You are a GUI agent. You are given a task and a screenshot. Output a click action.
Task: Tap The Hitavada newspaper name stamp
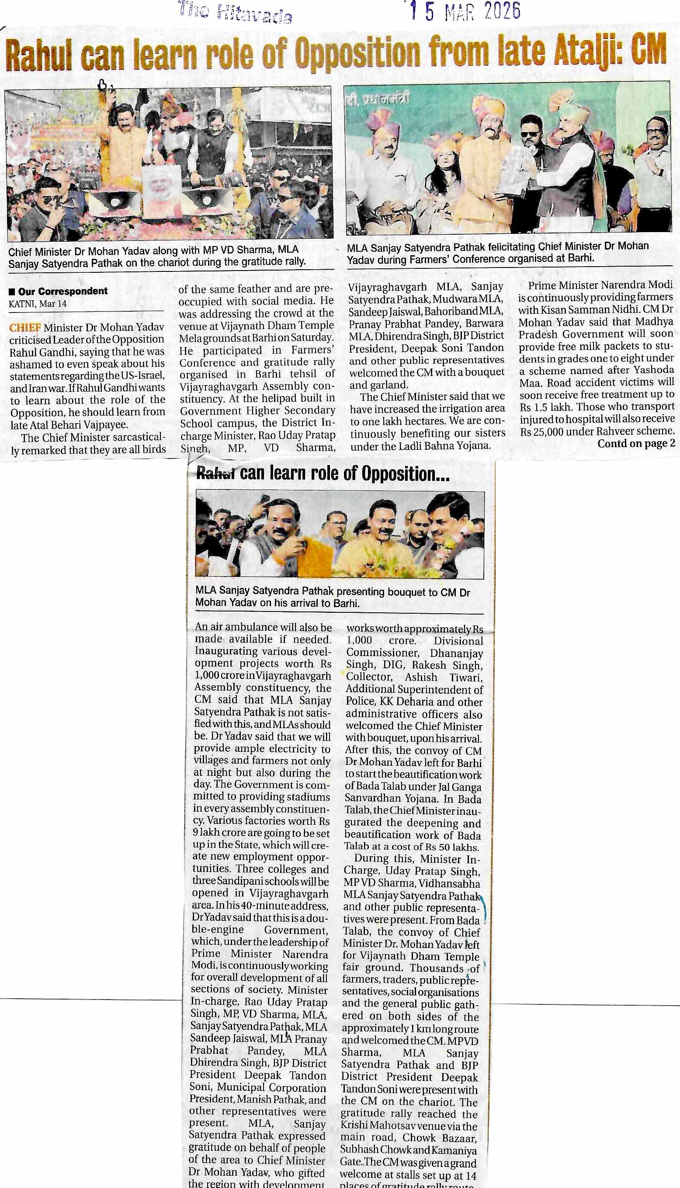point(235,14)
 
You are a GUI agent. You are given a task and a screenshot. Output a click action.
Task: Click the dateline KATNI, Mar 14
point(37,303)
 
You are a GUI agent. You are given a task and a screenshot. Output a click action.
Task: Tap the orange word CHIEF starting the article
point(25,327)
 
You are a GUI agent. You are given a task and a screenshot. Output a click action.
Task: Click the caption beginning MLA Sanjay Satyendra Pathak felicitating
point(497,252)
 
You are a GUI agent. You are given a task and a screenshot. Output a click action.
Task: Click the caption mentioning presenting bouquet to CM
point(332,597)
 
